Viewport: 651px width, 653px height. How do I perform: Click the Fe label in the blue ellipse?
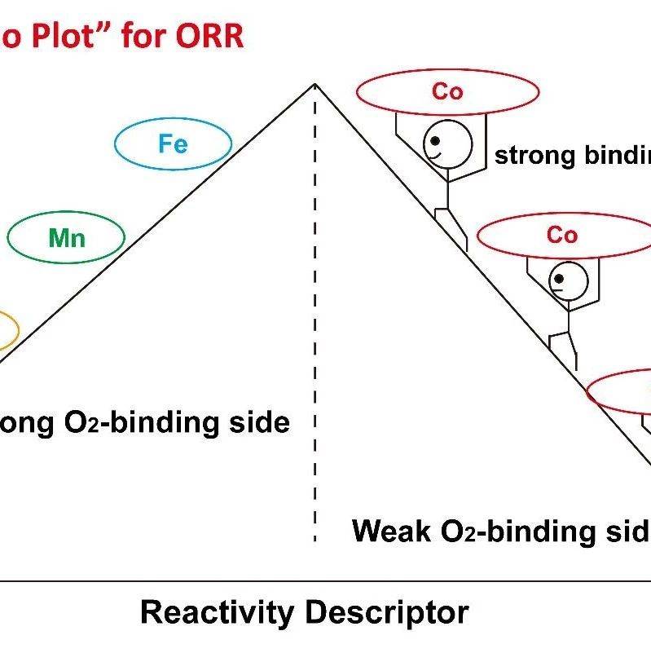click(x=173, y=144)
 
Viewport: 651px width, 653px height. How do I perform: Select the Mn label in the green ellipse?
click(x=67, y=238)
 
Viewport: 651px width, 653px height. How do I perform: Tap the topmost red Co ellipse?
click(x=447, y=92)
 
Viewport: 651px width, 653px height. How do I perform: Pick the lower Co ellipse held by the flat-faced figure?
click(x=561, y=236)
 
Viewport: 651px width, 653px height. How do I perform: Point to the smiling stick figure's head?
click(x=446, y=143)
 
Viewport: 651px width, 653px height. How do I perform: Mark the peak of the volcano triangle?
click(x=315, y=84)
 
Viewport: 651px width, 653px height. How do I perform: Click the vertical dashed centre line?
click(x=315, y=326)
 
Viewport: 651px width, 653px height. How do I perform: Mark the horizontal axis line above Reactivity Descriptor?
click(x=326, y=581)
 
